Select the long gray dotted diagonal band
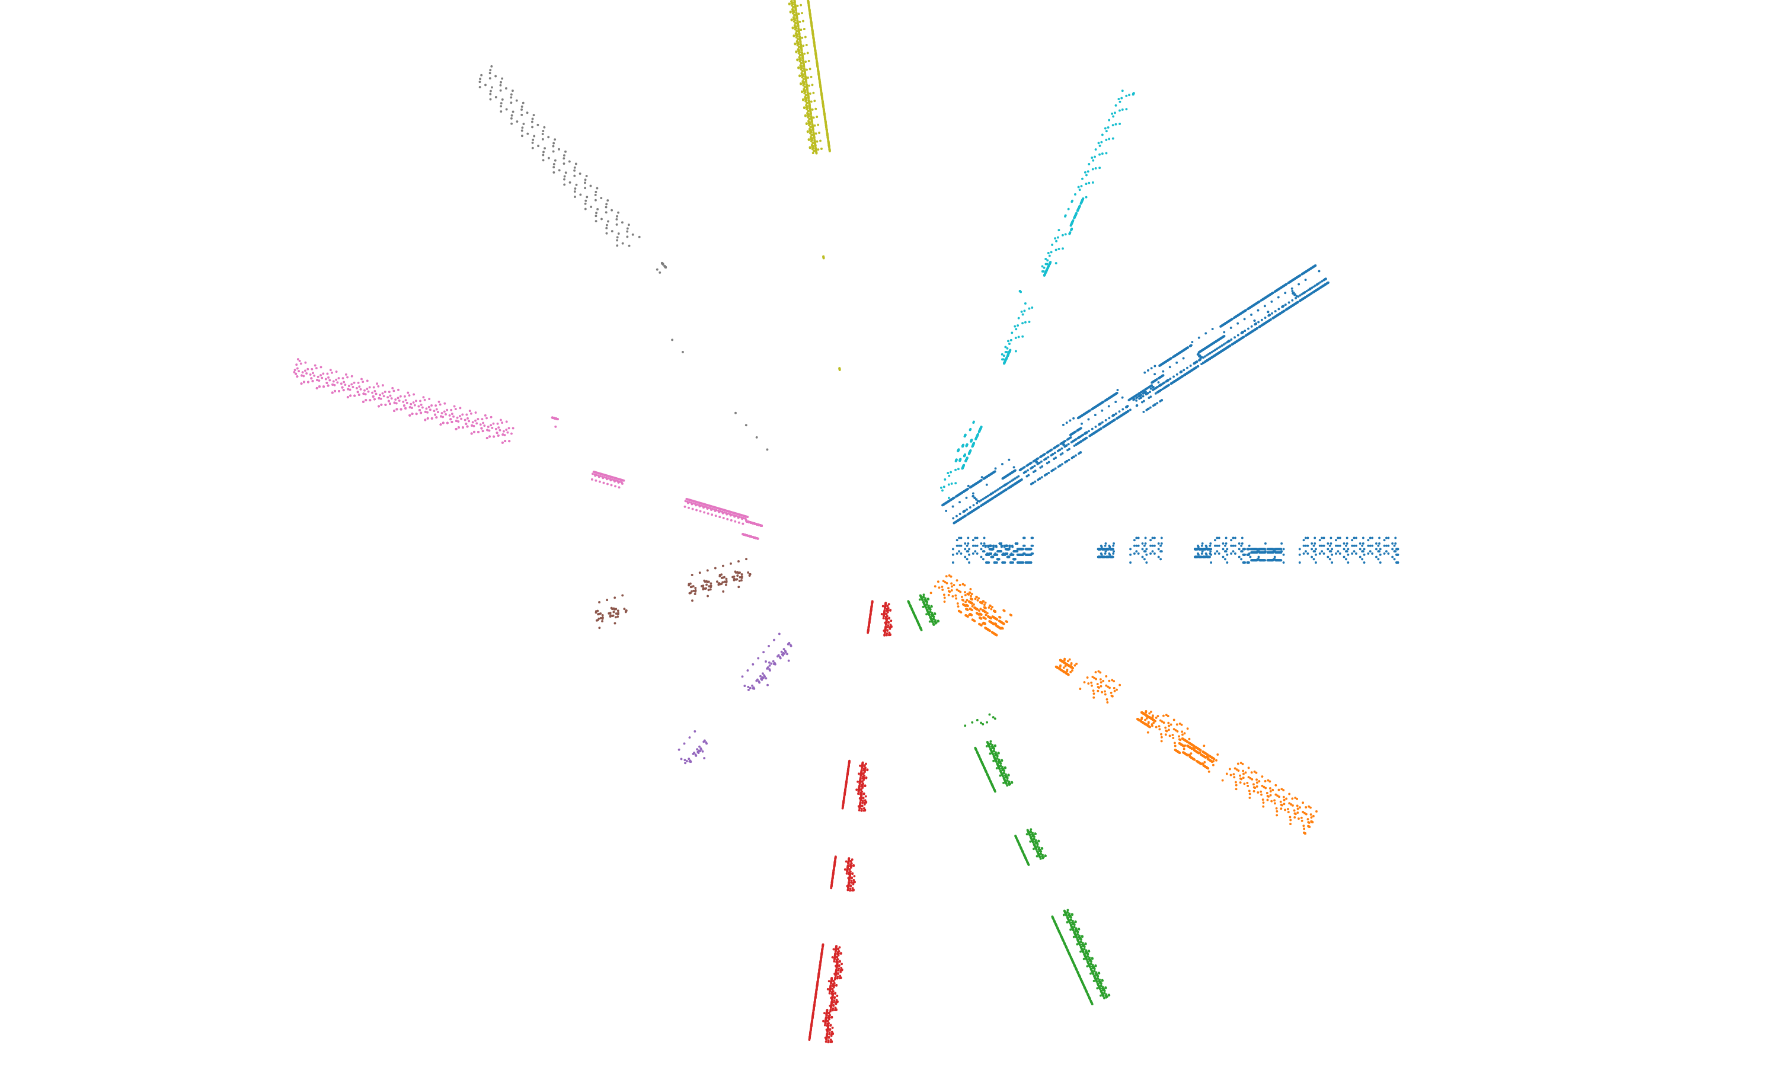pyautogui.click(x=556, y=155)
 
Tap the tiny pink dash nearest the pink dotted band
pyautogui.click(x=554, y=418)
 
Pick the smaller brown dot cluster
pyautogui.click(x=611, y=612)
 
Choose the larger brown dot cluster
pyautogui.click(x=719, y=579)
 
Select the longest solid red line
pyautogui.click(x=816, y=991)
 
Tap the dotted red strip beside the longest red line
pyautogui.click(x=832, y=994)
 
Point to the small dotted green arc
pyautogui.click(x=980, y=720)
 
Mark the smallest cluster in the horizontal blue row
pyautogui.click(x=1105, y=551)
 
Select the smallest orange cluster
pyautogui.click(x=1066, y=666)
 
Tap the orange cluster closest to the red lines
pyautogui.click(x=972, y=604)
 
